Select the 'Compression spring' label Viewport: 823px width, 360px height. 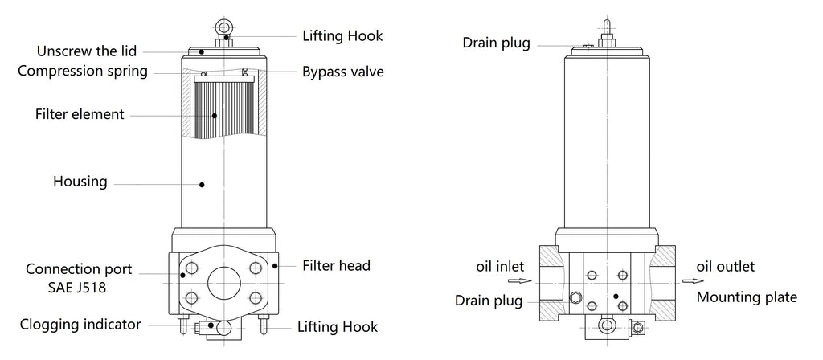[83, 71]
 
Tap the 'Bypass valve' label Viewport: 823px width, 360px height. [342, 72]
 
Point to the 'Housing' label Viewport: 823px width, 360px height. [80, 182]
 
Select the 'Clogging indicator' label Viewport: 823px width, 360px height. [80, 325]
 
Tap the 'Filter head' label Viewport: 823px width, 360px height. [336, 264]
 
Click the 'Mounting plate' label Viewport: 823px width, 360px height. [747, 297]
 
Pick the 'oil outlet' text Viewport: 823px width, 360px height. [726, 266]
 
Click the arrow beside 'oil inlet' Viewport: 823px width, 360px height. [522, 281]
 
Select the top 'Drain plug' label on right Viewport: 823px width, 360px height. [496, 42]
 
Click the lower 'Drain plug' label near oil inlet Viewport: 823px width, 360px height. [489, 301]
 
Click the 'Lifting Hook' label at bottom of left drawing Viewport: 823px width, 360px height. [337, 327]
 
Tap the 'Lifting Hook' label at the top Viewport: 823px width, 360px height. [343, 36]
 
